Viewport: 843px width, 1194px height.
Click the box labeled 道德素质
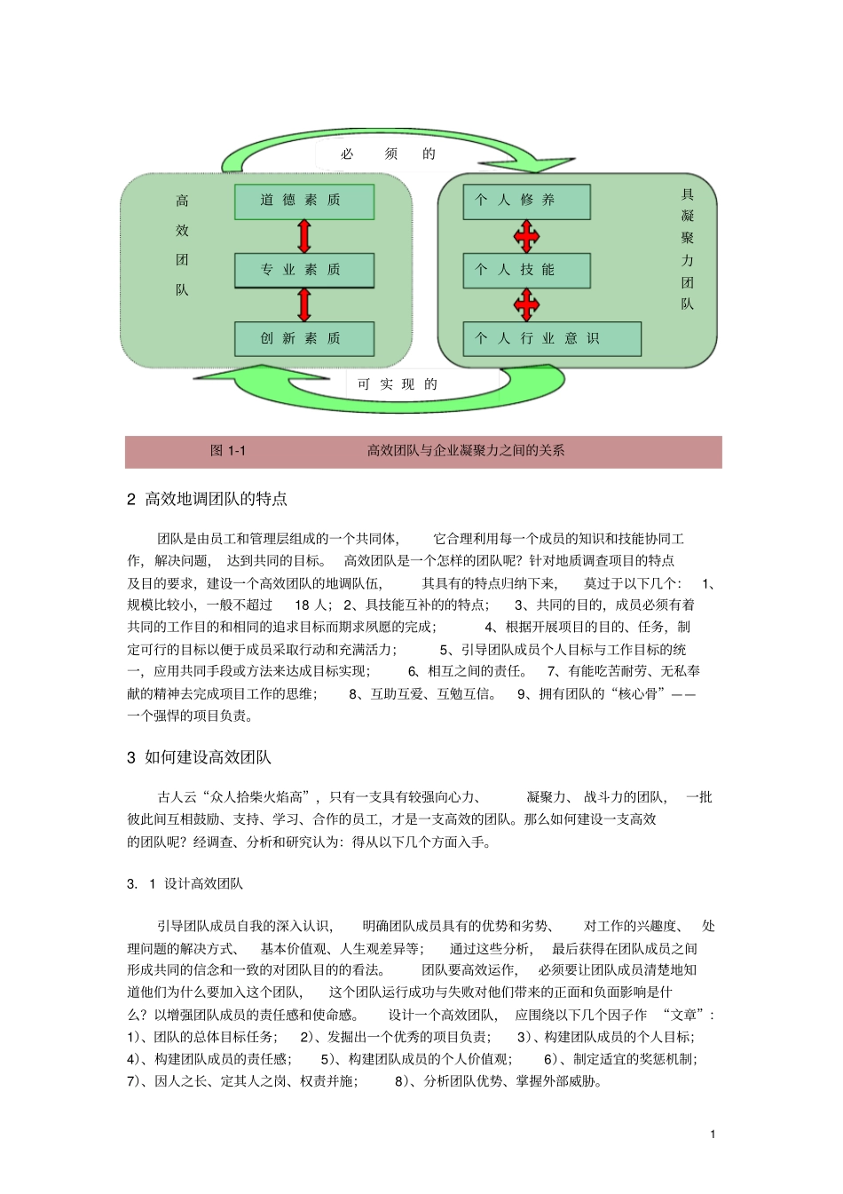click(x=303, y=202)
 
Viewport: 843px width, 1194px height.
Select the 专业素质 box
click(x=303, y=270)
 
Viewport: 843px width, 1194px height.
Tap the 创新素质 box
click(x=303, y=338)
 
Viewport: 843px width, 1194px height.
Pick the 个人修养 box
click(x=526, y=202)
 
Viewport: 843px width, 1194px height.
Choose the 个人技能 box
click(x=526, y=270)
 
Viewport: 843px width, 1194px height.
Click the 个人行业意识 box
click(x=551, y=338)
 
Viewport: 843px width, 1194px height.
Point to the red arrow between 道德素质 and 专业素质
click(x=304, y=236)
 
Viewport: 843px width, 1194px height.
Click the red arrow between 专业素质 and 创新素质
click(x=304, y=304)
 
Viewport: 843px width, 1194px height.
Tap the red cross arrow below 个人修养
click(x=526, y=236)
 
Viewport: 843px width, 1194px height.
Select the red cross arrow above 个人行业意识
click(x=526, y=304)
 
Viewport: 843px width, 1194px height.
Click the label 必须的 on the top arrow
click(x=389, y=154)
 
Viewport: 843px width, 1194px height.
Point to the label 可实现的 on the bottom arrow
click(x=398, y=384)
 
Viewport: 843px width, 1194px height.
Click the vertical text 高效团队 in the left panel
click(x=182, y=245)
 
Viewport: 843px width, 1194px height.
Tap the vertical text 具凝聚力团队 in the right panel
click(x=688, y=249)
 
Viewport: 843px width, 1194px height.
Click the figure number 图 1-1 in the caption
click(x=228, y=451)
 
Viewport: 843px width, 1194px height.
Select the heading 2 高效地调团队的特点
click(x=208, y=499)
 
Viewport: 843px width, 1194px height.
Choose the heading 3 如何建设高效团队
click(x=200, y=757)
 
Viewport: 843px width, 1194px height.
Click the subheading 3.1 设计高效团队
click(x=185, y=884)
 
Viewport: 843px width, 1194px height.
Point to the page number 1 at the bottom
click(x=713, y=1134)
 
